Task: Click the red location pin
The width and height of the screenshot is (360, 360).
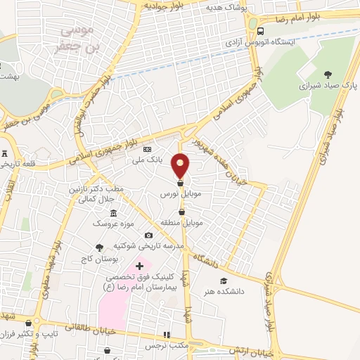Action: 181,166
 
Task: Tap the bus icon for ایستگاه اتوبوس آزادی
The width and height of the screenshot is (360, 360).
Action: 262,31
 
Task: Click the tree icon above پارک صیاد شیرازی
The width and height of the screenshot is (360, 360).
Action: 328,73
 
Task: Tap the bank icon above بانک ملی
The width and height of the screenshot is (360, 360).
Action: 147,150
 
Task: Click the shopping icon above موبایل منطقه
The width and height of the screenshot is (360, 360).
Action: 181,212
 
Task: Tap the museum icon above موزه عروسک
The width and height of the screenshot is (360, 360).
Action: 114,213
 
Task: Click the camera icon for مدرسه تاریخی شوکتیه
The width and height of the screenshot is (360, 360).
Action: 148,236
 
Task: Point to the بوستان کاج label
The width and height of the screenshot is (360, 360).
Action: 97,258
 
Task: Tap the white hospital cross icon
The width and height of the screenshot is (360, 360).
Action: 139,266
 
